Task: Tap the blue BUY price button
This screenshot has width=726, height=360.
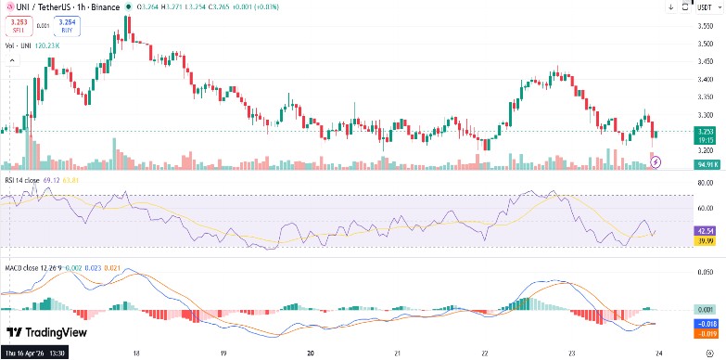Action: click(x=67, y=26)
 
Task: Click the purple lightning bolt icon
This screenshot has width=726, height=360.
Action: click(x=657, y=161)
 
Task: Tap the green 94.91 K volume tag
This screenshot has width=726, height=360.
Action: click(x=708, y=164)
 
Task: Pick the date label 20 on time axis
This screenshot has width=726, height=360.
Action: click(x=311, y=353)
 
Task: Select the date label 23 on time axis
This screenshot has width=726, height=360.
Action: click(x=571, y=353)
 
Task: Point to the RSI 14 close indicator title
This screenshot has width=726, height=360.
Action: click(x=21, y=180)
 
